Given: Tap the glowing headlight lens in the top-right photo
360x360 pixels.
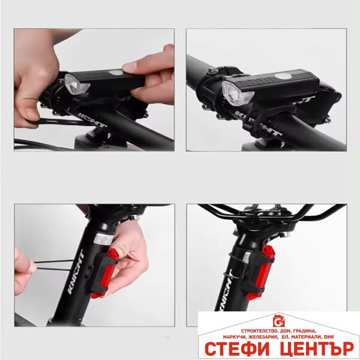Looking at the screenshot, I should click(231, 91).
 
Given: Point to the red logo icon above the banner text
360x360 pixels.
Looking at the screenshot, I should click(277, 320).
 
